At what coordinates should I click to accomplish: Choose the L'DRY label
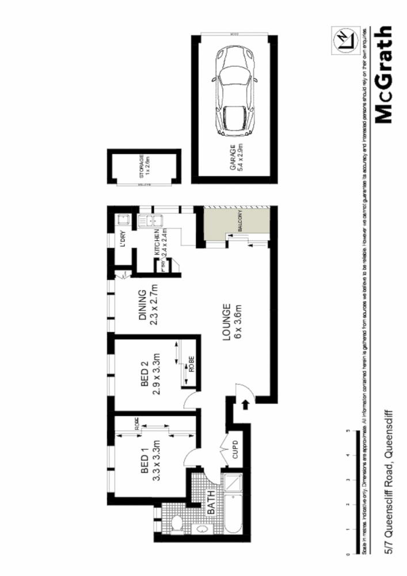(x=123, y=240)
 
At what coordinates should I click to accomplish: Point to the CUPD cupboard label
(x=235, y=449)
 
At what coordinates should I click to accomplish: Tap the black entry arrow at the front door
(x=246, y=406)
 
